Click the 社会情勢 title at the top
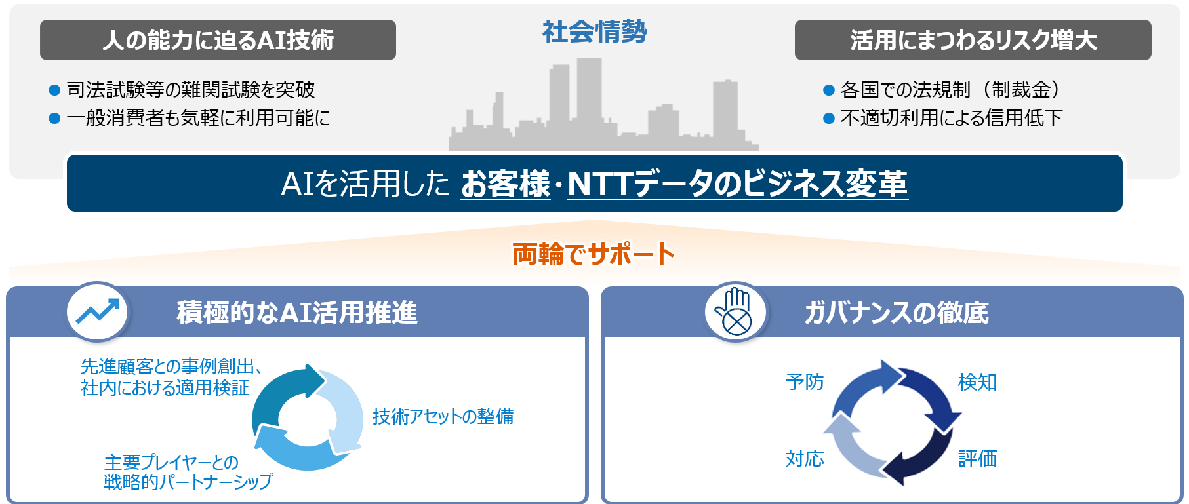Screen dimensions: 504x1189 point(594,31)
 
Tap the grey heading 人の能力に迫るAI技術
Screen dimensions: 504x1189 point(218,41)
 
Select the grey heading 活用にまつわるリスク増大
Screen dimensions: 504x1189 point(973,41)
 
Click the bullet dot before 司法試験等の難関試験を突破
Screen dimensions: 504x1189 point(55,90)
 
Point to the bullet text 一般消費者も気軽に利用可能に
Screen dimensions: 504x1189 point(198,118)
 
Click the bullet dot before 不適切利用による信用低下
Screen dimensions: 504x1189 point(829,119)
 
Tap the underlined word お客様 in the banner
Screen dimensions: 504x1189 point(506,184)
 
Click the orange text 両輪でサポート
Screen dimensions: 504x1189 point(594,254)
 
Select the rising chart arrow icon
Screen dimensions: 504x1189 point(98,312)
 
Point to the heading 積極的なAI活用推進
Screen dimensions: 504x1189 point(296,313)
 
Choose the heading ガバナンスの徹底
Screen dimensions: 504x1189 point(896,313)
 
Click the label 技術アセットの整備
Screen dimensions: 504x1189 point(443,416)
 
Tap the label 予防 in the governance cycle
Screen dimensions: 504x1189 point(804,381)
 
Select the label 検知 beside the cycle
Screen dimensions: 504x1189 point(977,381)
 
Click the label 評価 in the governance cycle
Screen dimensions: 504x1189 point(977,458)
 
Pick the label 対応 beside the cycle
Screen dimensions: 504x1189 point(804,458)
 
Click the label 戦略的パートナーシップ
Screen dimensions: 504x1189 point(188,482)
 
